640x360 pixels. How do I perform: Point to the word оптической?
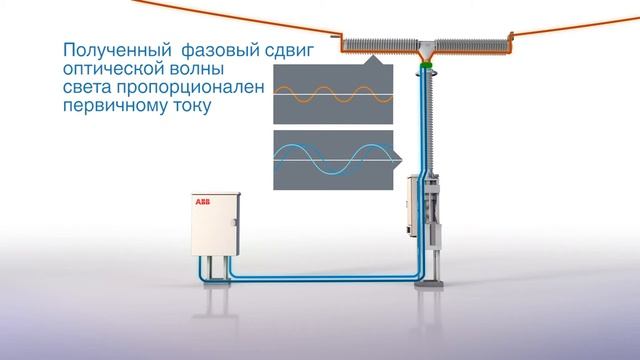point(113,70)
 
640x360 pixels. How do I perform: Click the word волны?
point(196,70)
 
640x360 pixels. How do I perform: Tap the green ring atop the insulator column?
point(424,67)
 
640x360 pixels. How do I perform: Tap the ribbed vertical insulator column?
point(424,120)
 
